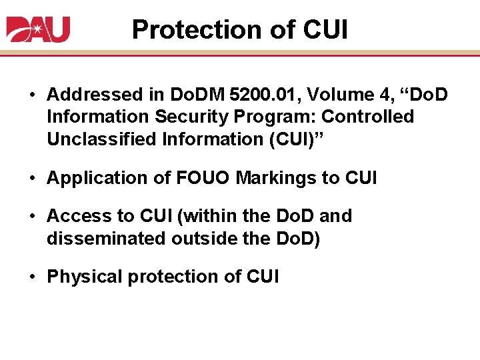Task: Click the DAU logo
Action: pos(38,29)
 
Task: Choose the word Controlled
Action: pos(368,117)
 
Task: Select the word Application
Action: pos(91,178)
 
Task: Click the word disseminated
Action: pos(103,238)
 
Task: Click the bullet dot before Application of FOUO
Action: pos(32,178)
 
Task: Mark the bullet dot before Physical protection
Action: pos(32,276)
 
